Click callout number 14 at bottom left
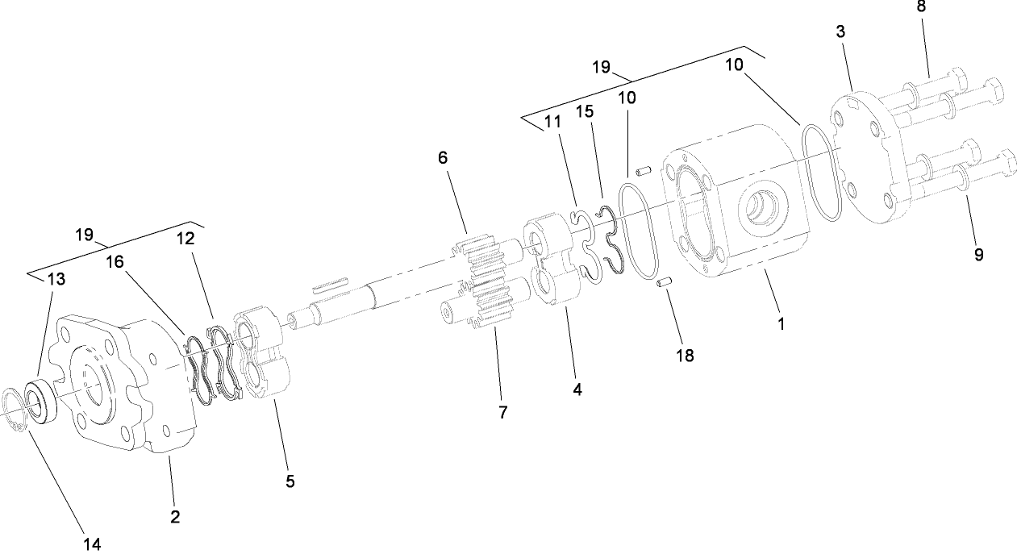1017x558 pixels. pyautogui.click(x=92, y=544)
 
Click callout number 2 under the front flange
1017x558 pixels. pyautogui.click(x=175, y=516)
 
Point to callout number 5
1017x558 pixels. pyautogui.click(x=290, y=481)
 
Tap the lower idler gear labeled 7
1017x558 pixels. pyautogui.click(x=484, y=310)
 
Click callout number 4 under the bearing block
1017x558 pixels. pyautogui.click(x=577, y=388)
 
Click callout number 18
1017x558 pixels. pyautogui.click(x=684, y=355)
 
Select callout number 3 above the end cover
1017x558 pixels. pyautogui.click(x=840, y=32)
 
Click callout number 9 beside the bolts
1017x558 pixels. pyautogui.click(x=978, y=254)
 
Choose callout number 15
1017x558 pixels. pyautogui.click(x=585, y=110)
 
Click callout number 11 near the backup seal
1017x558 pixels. pyautogui.click(x=552, y=123)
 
